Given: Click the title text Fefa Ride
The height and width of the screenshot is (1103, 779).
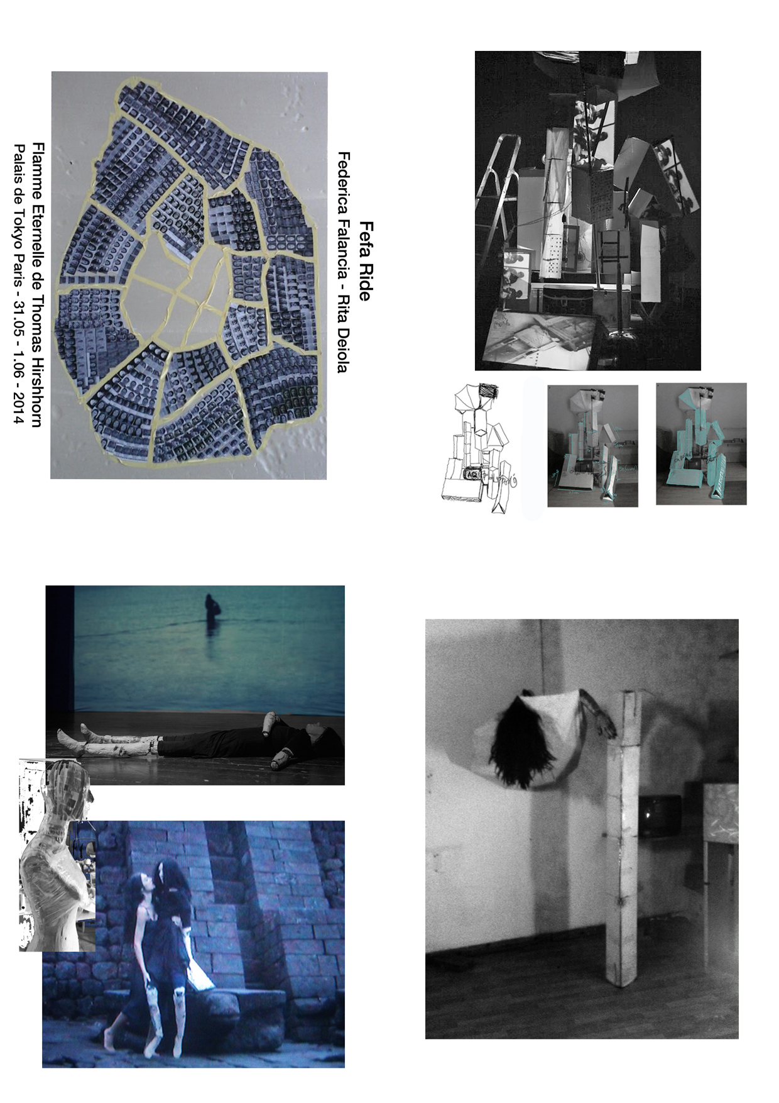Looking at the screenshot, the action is point(365,261).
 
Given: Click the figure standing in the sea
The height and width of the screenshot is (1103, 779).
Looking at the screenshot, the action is point(211,611).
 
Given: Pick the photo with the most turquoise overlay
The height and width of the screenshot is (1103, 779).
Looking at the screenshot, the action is point(701,443).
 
